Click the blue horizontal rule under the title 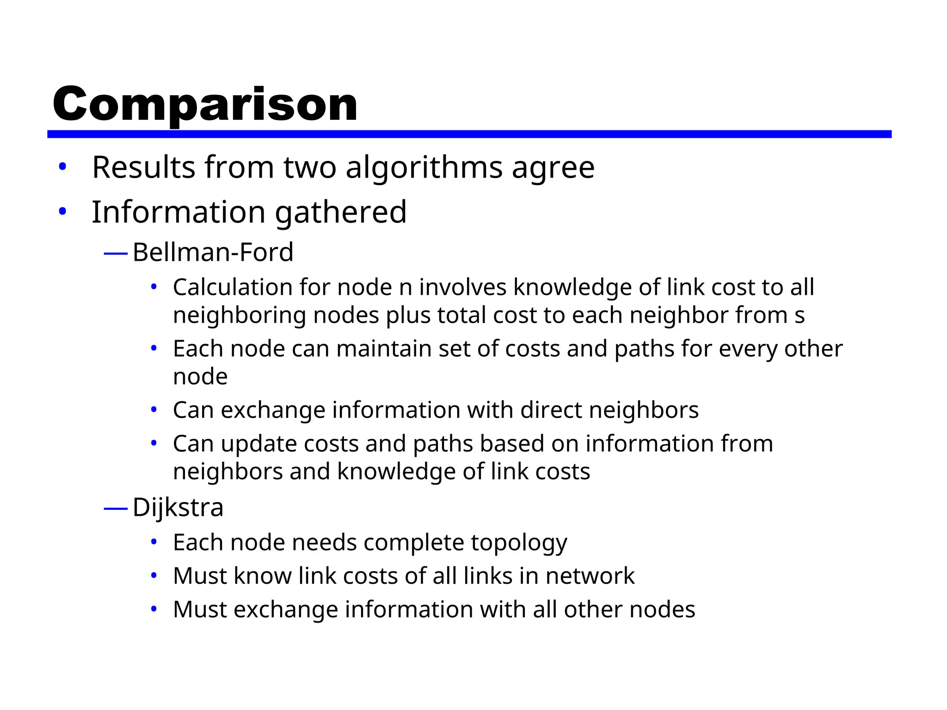[469, 134]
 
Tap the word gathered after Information [341, 212]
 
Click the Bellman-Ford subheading [213, 252]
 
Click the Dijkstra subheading [178, 508]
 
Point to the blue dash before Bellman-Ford [116, 253]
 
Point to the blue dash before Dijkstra [116, 509]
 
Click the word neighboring [239, 316]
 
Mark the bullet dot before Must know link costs [154, 576]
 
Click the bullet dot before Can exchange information [154, 410]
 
